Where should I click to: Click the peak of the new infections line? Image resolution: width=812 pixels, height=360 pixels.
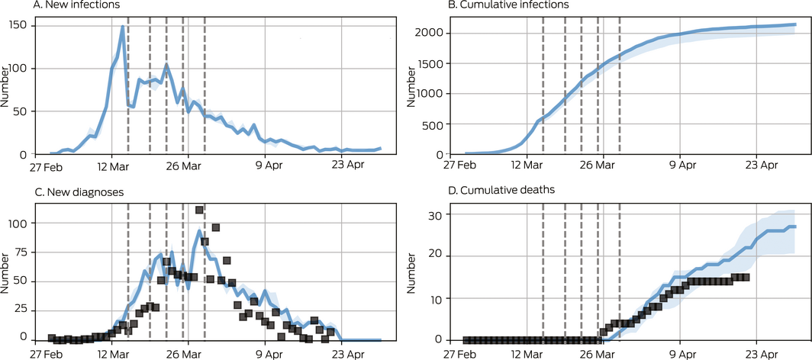click(122, 27)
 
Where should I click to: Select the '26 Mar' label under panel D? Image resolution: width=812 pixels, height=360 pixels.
click(603, 353)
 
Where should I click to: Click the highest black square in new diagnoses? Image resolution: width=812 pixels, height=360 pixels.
click(199, 210)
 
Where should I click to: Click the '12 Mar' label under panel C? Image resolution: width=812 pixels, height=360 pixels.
click(111, 353)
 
